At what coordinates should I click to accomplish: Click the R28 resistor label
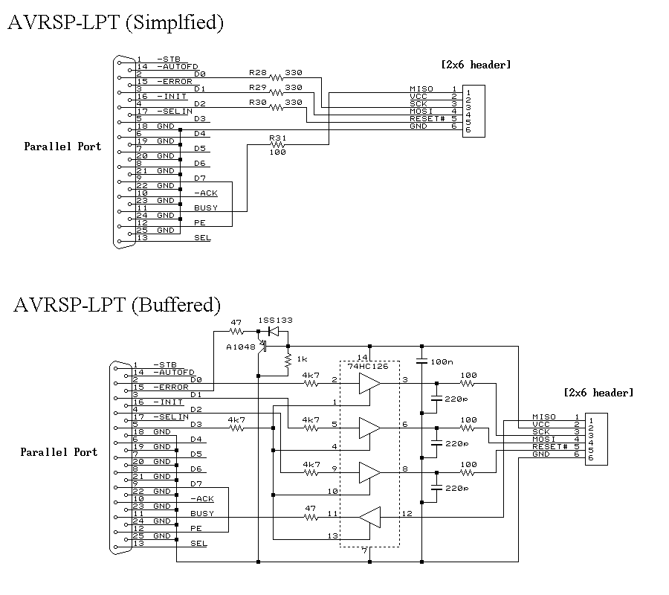click(257, 73)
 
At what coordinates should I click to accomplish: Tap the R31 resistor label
click(277, 138)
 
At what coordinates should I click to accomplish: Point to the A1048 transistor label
click(240, 347)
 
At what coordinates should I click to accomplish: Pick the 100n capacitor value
click(442, 361)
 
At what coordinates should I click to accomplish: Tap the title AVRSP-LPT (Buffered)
click(117, 305)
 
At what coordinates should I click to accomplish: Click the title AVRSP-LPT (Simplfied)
click(115, 22)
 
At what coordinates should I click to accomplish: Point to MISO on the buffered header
click(544, 416)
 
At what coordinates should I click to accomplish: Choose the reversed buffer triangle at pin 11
click(369, 515)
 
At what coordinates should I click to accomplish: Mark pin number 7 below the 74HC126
click(364, 550)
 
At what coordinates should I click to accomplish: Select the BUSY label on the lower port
click(202, 513)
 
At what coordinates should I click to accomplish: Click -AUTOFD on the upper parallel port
click(175, 66)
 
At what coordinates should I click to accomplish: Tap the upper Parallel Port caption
click(62, 147)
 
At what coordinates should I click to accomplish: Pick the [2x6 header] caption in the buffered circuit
click(599, 393)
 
